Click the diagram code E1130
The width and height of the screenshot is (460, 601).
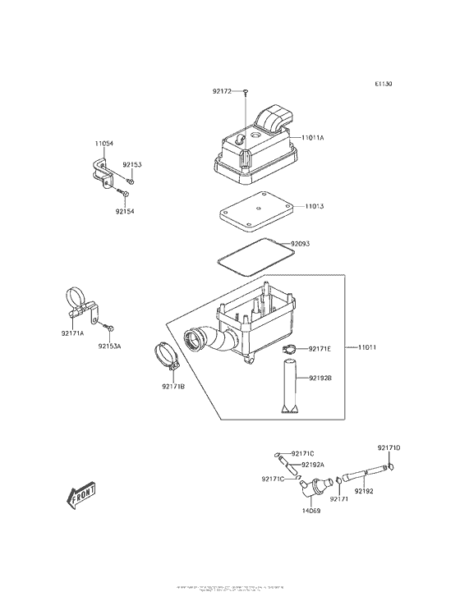[383, 84]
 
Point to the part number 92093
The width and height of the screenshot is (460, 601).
[301, 243]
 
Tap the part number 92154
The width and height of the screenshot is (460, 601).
[125, 211]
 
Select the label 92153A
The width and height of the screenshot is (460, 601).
[110, 346]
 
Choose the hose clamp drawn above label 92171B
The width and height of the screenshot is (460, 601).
[169, 359]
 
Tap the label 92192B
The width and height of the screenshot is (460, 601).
[320, 378]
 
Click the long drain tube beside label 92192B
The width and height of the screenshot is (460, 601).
[289, 386]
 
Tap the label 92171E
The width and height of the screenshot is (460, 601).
[320, 349]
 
